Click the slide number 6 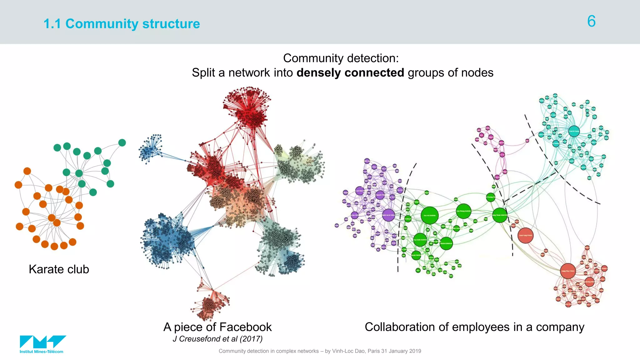591,21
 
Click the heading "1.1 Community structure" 122,24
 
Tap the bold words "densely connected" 350,72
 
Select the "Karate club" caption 59,269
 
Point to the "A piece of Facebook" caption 217,327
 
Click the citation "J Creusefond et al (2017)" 217,339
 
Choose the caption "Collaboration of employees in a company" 474,327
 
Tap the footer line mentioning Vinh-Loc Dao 320,351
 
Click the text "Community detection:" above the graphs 341,58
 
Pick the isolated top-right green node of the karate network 122,143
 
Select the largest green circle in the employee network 430,215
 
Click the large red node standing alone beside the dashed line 525,235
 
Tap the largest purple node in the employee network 388,215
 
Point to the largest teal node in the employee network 574,131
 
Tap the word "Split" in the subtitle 203,72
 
